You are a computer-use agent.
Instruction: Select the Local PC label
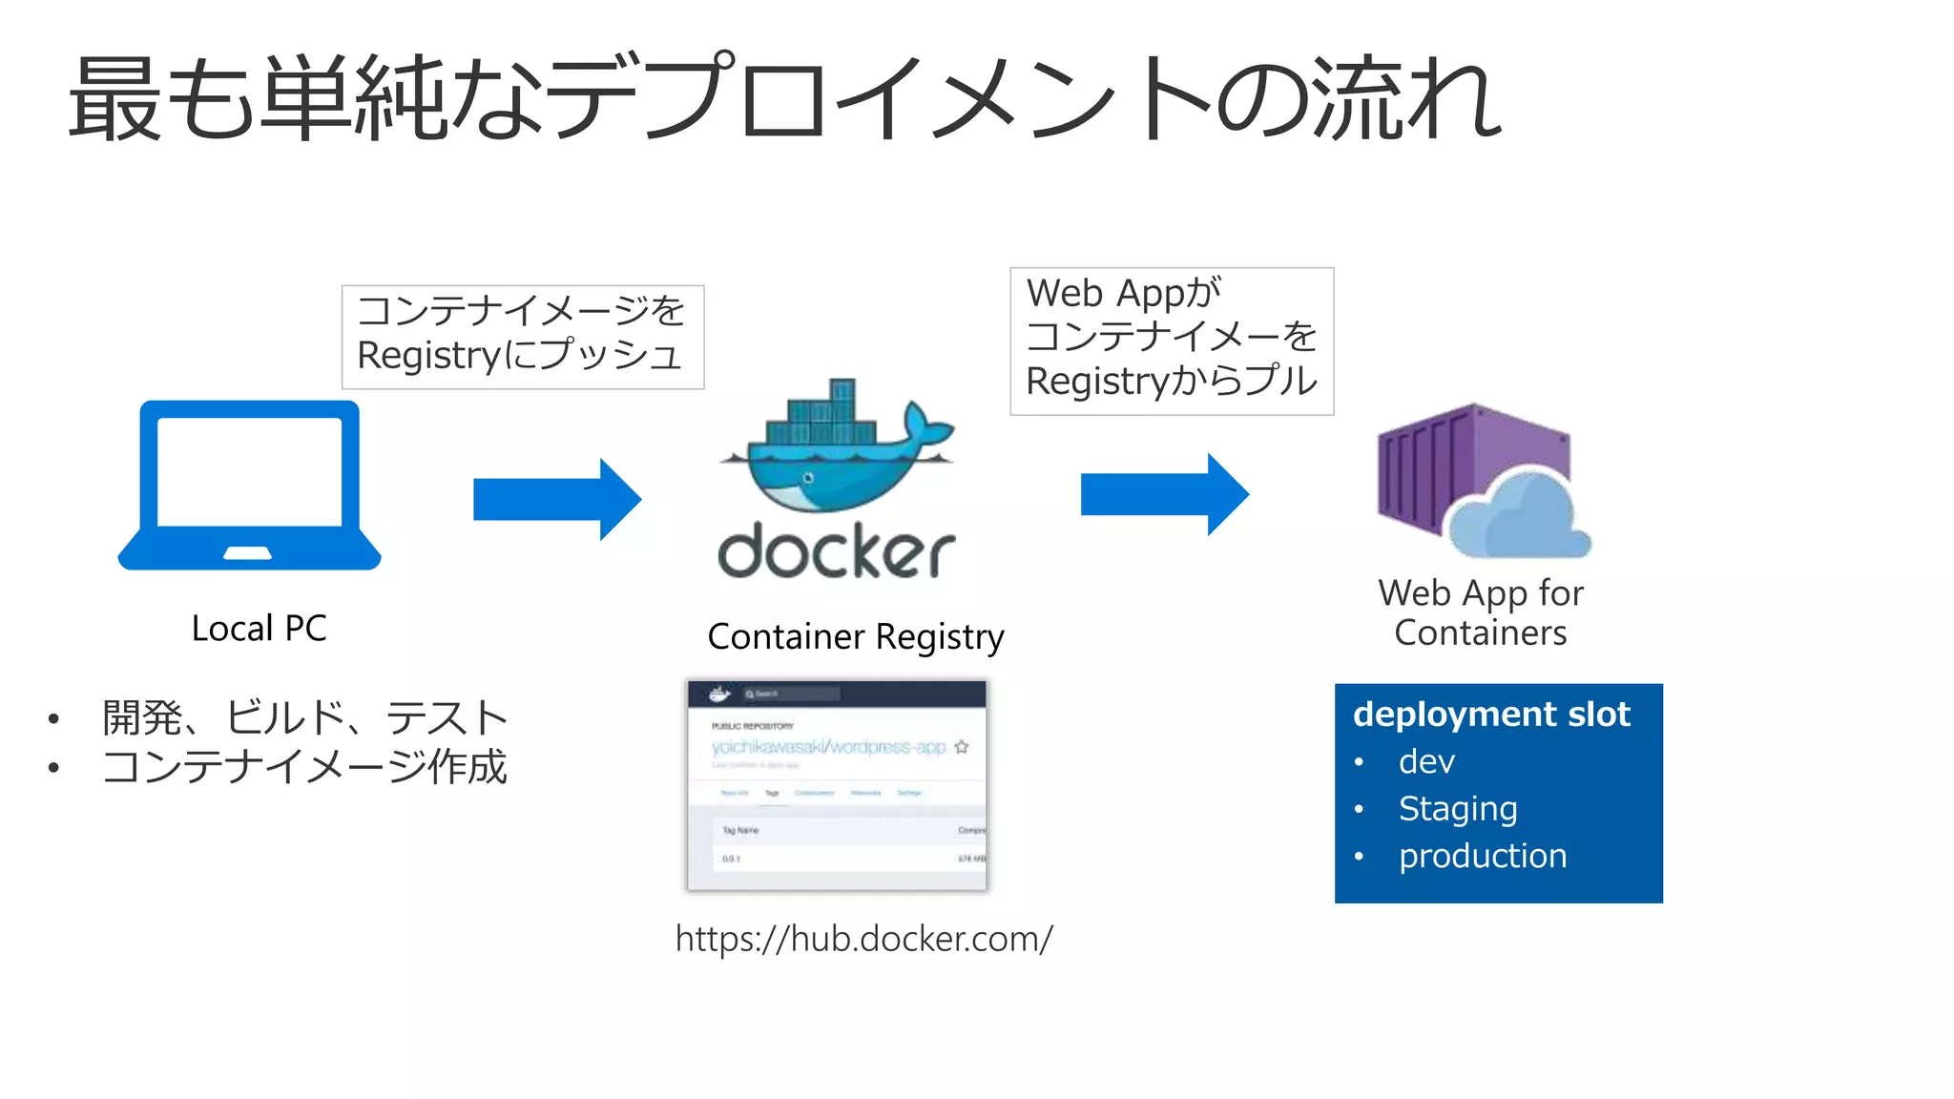[x=259, y=629]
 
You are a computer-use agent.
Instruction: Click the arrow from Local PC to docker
[x=556, y=499]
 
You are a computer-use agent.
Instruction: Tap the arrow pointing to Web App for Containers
[x=1164, y=494]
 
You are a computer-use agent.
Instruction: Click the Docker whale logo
[x=836, y=448]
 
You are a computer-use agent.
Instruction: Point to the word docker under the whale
[x=836, y=551]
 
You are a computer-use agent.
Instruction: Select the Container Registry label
[x=856, y=636]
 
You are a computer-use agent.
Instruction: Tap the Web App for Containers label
[x=1481, y=612]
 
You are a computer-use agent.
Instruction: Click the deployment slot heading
[x=1491, y=715]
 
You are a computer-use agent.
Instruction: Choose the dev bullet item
[x=1426, y=761]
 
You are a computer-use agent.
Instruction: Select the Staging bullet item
[x=1457, y=808]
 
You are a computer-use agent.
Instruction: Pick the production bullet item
[x=1482, y=856]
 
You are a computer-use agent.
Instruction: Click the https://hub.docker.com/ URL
[x=863, y=939]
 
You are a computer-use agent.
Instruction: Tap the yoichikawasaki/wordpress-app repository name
[x=828, y=746]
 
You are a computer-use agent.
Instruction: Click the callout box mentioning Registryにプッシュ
[x=523, y=337]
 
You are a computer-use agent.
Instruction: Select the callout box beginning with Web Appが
[x=1172, y=341]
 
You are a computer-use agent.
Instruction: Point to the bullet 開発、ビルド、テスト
[x=304, y=717]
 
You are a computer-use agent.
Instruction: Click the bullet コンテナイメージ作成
[x=304, y=767]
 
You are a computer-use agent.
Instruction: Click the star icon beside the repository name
[x=962, y=746]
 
